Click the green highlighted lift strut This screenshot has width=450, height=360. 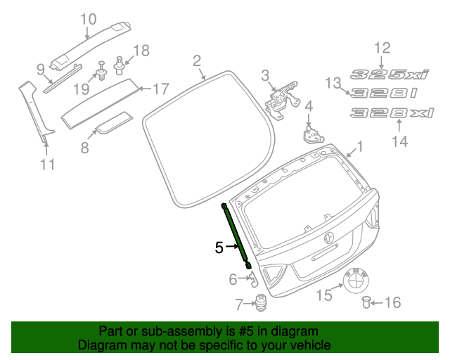pyautogui.click(x=236, y=236)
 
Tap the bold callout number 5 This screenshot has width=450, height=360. pyautogui.click(x=219, y=247)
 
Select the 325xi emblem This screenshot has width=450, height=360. pyautogui.click(x=390, y=75)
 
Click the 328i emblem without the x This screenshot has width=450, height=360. pyautogui.click(x=384, y=93)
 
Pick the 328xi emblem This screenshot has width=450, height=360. pyautogui.click(x=392, y=112)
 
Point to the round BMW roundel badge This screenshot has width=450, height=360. pyautogui.click(x=356, y=281)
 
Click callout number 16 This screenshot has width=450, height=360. pyautogui.click(x=392, y=302)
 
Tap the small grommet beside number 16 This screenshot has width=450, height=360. pyautogui.click(x=366, y=302)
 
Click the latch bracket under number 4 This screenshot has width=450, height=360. pyautogui.click(x=313, y=134)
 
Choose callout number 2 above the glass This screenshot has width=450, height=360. pyautogui.click(x=197, y=61)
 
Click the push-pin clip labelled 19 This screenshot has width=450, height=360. pyautogui.click(x=101, y=71)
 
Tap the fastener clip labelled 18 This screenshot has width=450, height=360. pyautogui.click(x=119, y=65)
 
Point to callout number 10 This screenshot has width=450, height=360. pyautogui.click(x=88, y=19)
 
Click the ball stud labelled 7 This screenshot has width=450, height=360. pyautogui.click(x=261, y=303)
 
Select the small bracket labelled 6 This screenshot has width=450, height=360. pyautogui.click(x=253, y=278)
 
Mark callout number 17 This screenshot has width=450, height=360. pyautogui.click(x=162, y=89)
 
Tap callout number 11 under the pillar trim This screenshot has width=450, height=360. pyautogui.click(x=47, y=165)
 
